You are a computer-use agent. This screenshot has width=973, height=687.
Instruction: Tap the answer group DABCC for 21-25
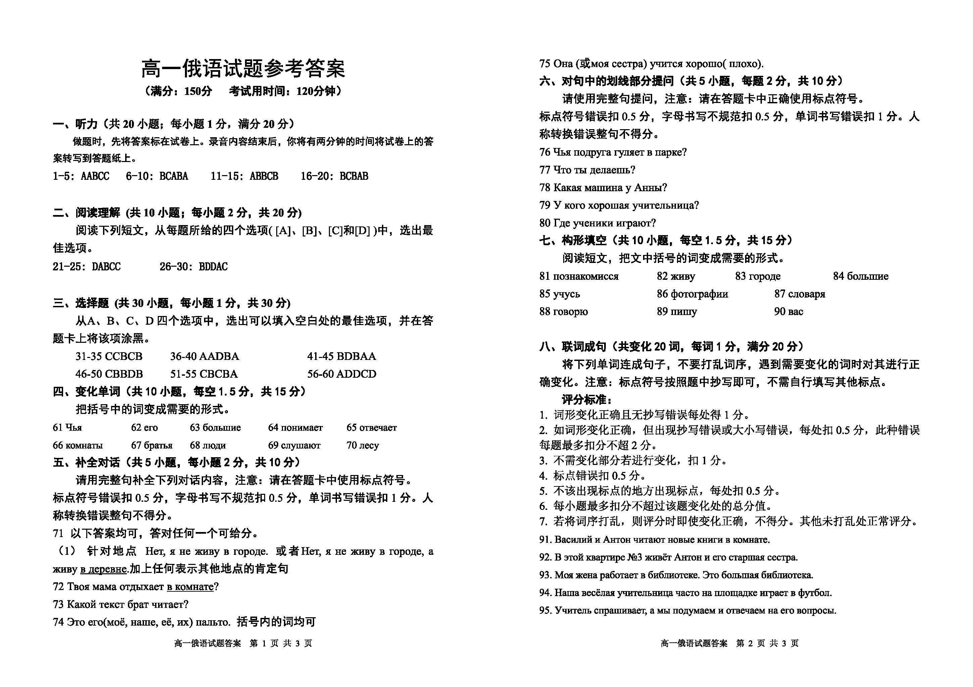click(106, 267)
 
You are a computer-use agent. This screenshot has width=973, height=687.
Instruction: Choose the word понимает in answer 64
click(301, 428)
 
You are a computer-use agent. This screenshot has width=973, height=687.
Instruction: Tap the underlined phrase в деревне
click(103, 569)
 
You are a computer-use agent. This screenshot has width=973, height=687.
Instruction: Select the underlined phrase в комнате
click(190, 587)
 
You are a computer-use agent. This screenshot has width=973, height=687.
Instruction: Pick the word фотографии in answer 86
click(699, 294)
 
